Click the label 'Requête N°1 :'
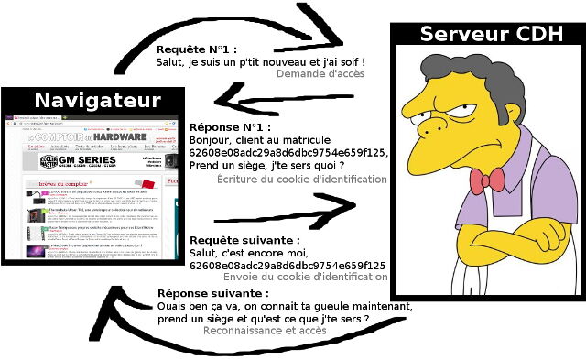pos(197,49)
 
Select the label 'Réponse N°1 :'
pos(230,127)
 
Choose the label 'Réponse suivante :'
pos(215,293)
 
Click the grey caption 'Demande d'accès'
pos(320,74)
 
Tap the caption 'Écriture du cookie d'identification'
pos(302,180)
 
